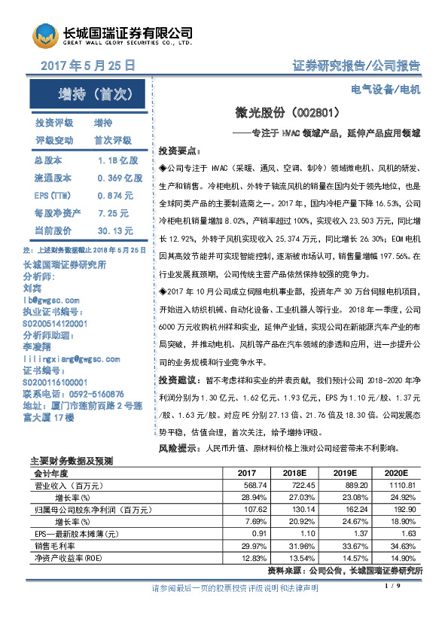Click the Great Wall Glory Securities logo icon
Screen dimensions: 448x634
click(44, 35)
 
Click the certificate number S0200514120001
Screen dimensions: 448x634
click(56, 323)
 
